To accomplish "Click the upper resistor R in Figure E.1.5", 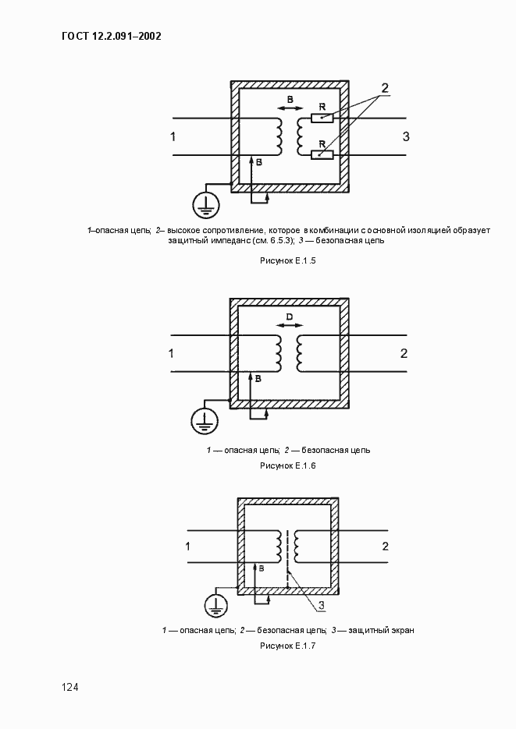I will pos(322,119).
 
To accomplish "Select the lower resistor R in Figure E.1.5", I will pos(322,154).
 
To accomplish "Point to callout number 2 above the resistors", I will pos(384,87).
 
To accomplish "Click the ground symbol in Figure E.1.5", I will pos(206,204).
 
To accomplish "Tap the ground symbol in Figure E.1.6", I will pos(205,420).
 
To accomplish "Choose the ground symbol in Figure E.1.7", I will pos(215,603).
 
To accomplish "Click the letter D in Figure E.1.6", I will pos(288,317).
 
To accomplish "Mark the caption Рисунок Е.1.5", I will pos(288,261).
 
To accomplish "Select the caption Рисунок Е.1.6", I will pos(287,465).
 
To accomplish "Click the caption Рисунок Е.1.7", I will pos(288,646).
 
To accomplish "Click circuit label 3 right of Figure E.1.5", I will pos(405,137).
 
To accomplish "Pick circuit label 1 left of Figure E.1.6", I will pos(172,353).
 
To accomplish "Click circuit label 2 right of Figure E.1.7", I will pos(384,545).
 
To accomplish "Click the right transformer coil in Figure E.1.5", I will pos(299,137).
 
